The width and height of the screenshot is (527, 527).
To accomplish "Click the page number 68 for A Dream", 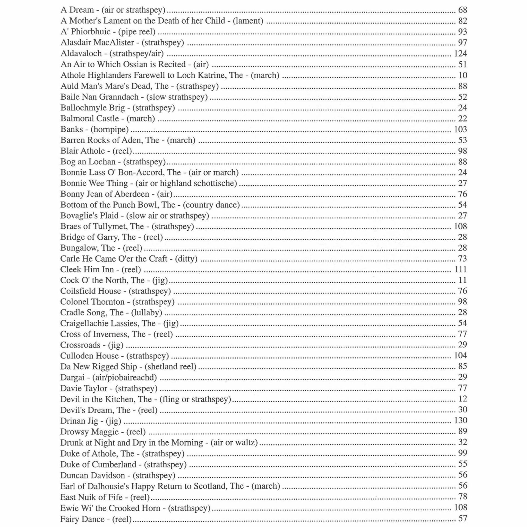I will (462, 10).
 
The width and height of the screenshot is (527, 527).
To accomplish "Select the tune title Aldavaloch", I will (81, 53).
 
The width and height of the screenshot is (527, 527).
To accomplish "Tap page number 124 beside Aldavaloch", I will (460, 53).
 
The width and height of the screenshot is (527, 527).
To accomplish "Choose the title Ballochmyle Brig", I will (93, 108).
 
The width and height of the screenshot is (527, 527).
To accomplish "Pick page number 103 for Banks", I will (460, 129).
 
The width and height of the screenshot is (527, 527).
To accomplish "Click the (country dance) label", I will (211, 205).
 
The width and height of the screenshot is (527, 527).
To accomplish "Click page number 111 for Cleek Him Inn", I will (461, 269).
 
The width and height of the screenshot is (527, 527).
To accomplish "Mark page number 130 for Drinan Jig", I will (460, 420).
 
